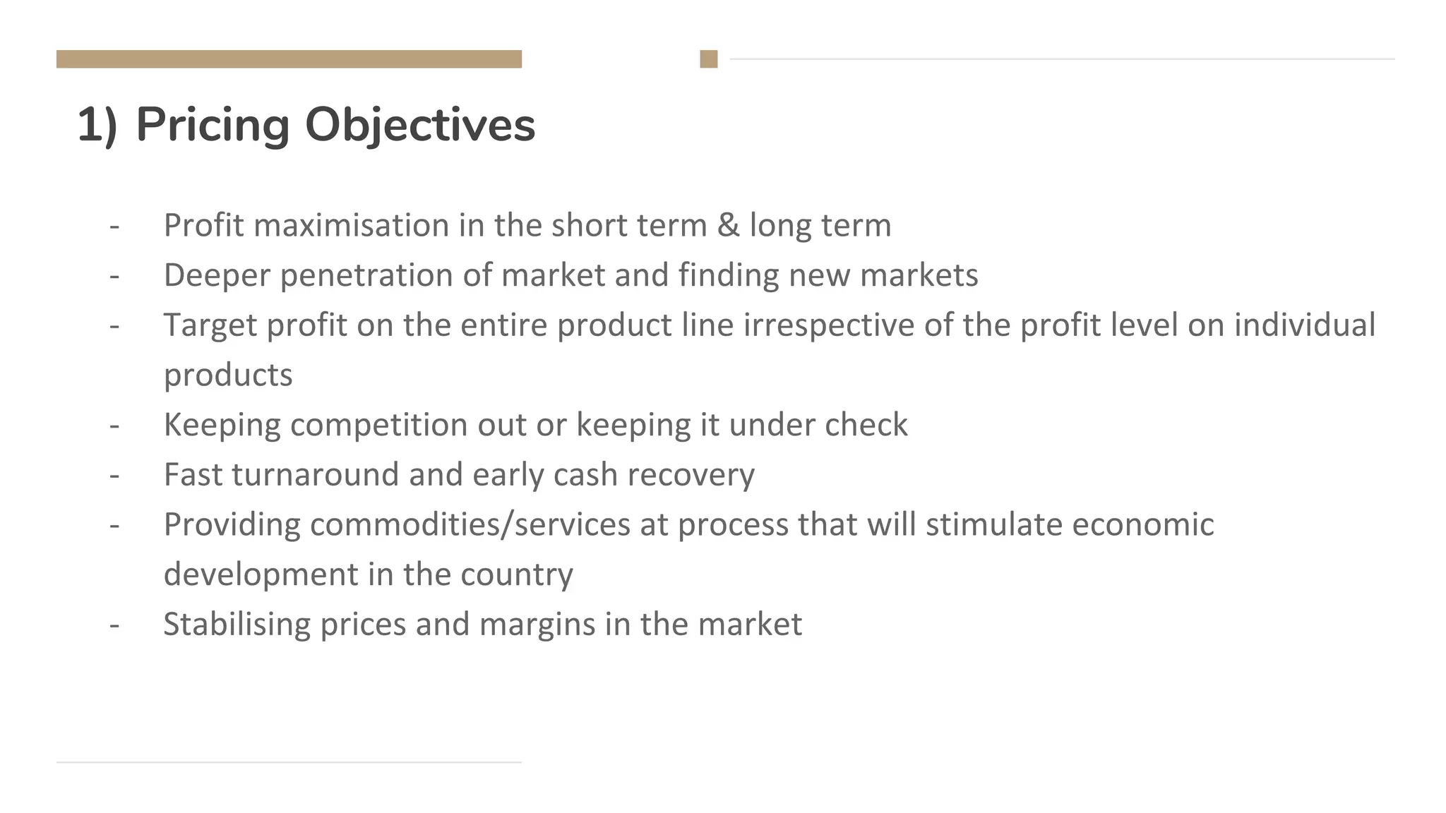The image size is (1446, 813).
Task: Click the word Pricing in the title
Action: click(213, 125)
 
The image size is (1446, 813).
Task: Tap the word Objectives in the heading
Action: click(420, 125)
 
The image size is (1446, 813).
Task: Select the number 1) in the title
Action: click(97, 125)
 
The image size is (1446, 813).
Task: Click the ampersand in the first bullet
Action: click(728, 225)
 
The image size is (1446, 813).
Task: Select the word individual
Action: click(1305, 325)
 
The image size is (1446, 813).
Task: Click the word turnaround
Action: click(315, 474)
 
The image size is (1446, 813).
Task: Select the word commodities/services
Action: click(470, 524)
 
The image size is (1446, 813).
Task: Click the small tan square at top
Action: click(709, 59)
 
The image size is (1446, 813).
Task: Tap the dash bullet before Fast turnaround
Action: click(114, 475)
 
